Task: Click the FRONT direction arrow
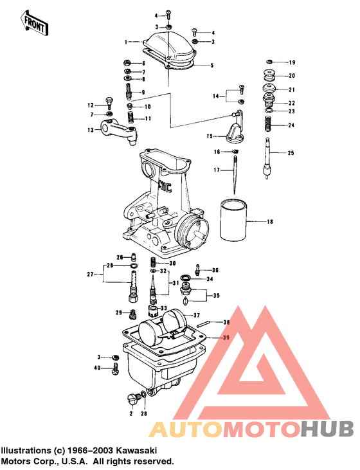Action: coord(34,23)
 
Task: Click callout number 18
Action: coord(270,222)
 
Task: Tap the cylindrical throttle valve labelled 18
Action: coord(234,221)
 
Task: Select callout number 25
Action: coord(291,153)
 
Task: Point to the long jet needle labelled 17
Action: coord(235,174)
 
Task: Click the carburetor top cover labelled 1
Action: coord(170,48)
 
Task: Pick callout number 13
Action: coord(91,130)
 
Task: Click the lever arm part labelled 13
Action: coord(118,132)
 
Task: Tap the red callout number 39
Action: coord(226,338)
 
